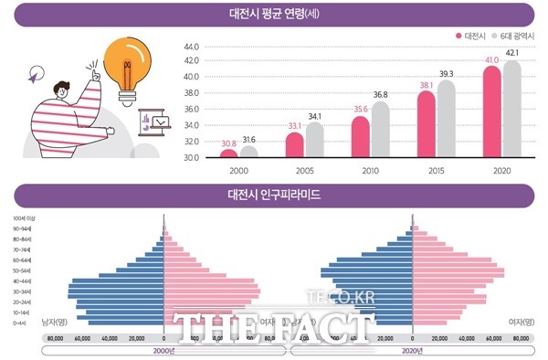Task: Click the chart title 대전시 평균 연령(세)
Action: [274, 15]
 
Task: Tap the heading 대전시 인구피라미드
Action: [274, 194]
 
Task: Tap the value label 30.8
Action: [228, 143]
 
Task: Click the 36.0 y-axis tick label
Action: [191, 110]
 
